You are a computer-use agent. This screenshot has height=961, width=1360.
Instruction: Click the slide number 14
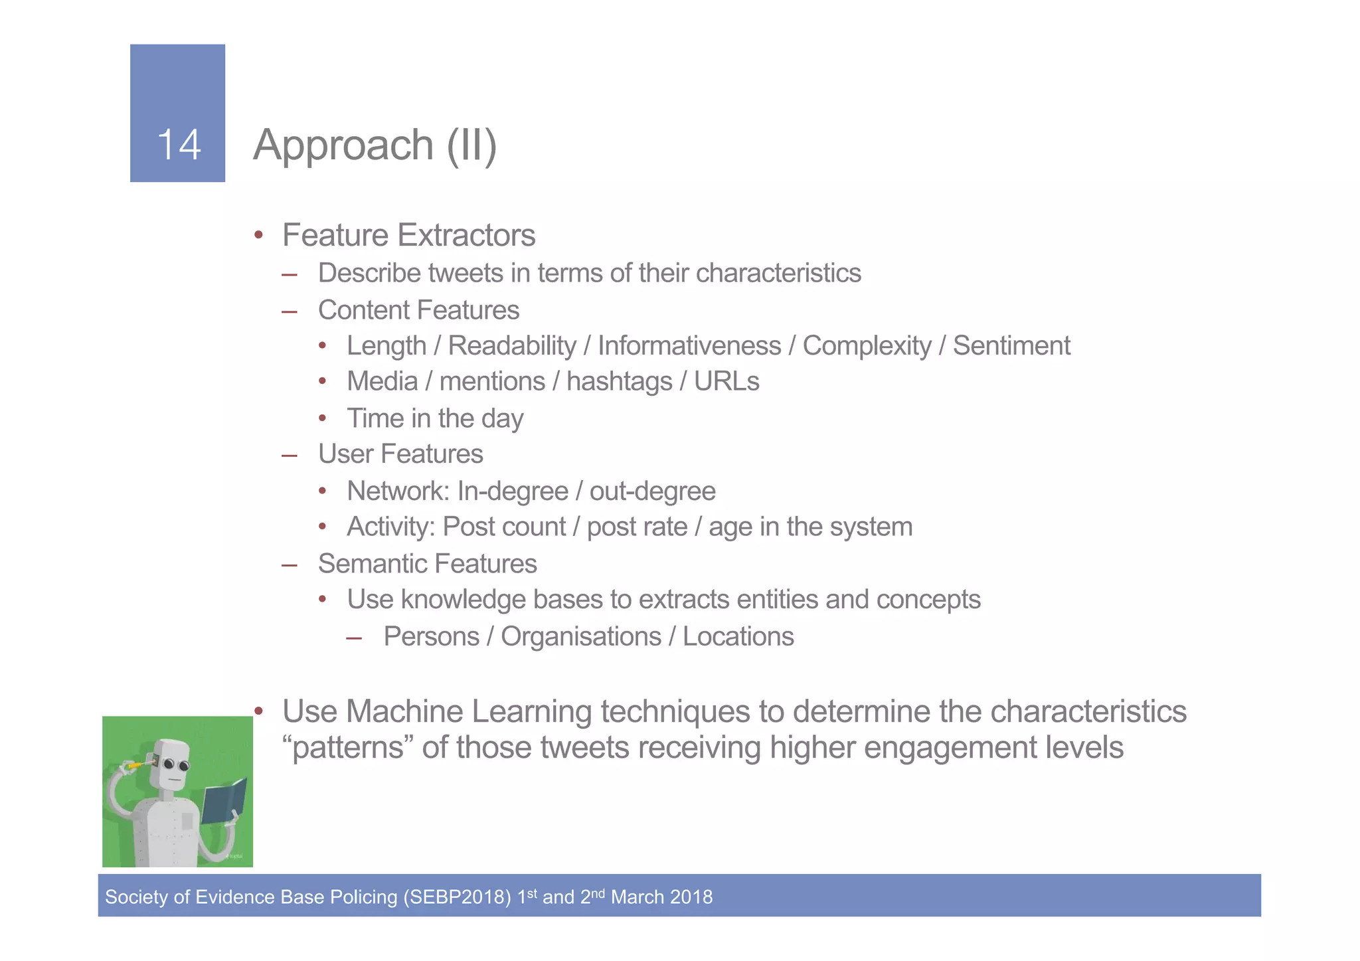coord(179,144)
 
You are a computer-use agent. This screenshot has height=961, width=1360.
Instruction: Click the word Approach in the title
coord(343,145)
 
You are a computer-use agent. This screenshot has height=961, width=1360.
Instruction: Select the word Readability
coord(512,346)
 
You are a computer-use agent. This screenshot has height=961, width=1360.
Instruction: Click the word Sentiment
coord(1011,346)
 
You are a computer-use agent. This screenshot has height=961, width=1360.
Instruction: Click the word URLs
coord(726,382)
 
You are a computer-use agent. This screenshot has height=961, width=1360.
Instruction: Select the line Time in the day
coord(435,418)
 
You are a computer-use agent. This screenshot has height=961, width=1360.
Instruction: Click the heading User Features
coord(400,454)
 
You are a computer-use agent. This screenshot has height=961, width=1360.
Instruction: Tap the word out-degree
coord(652,491)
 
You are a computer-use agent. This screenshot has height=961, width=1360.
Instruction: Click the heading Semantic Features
coord(427,564)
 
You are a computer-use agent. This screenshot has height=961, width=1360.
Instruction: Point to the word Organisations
coord(580,636)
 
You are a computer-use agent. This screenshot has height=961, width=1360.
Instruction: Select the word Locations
coord(738,636)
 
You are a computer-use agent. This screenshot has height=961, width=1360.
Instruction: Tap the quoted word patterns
coord(347,748)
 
